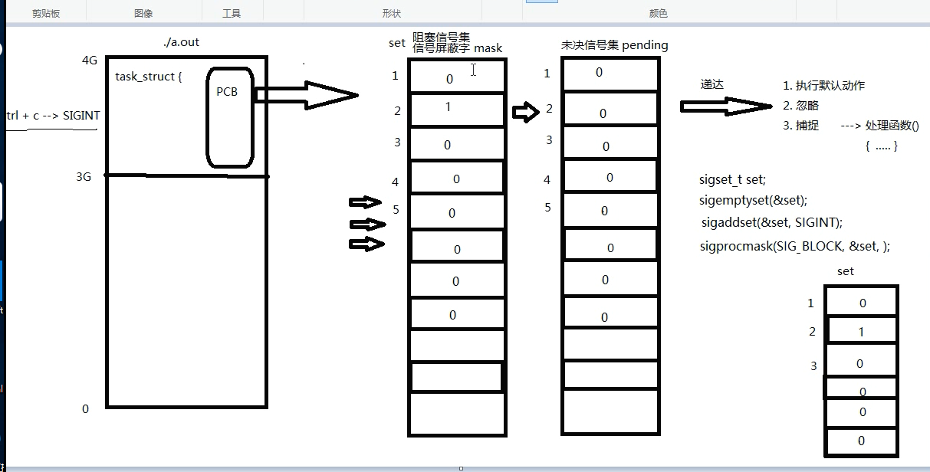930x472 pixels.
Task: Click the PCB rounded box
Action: point(229,119)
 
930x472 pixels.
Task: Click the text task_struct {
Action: point(149,77)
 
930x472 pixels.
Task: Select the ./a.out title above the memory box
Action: point(181,42)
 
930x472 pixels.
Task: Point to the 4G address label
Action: point(89,61)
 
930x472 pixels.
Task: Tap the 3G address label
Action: point(84,176)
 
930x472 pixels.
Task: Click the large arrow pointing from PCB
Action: point(307,95)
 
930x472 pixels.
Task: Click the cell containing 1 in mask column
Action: point(456,108)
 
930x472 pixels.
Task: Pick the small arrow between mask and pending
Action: point(525,113)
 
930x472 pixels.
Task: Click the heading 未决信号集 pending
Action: point(614,45)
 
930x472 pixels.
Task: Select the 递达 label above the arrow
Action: point(712,84)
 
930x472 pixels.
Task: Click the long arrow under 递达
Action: point(725,106)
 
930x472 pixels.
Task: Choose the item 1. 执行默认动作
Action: point(823,86)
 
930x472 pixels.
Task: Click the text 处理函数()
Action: point(892,126)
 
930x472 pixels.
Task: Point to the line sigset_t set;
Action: point(732,180)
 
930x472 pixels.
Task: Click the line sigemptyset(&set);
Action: point(753,201)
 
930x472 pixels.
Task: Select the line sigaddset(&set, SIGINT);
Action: point(771,222)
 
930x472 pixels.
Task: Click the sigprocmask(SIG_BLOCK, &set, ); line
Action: point(794,246)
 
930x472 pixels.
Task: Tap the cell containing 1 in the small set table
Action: point(862,332)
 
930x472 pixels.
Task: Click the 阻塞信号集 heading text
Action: point(442,37)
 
